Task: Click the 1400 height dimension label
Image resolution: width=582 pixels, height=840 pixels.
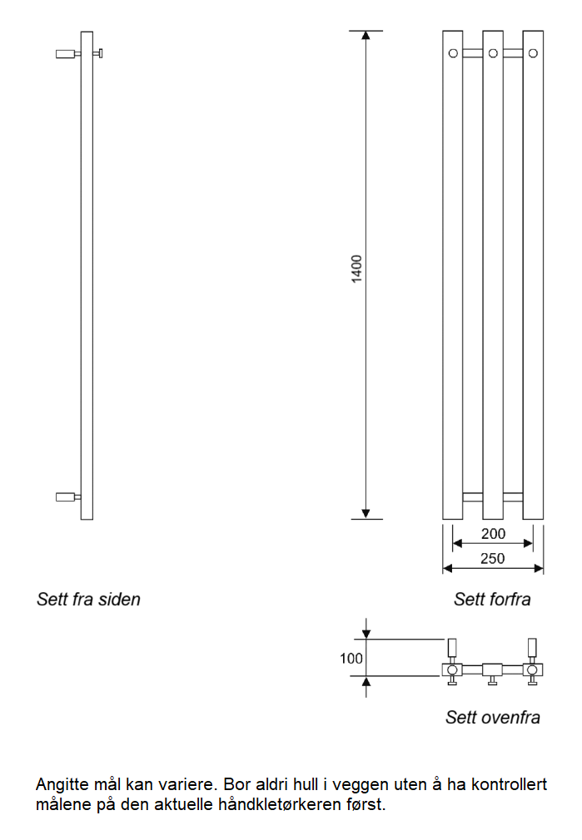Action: coord(356,269)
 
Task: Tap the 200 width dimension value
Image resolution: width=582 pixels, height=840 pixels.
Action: coord(493,534)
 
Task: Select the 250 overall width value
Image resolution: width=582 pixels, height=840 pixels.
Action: coord(492,558)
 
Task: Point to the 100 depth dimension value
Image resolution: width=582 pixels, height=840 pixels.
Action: coord(351,658)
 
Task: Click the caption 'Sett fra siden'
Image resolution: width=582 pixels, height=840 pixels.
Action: coord(88,599)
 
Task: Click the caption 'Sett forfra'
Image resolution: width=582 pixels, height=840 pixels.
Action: coord(492,599)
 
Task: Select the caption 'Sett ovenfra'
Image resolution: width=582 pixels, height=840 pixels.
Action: coord(492,717)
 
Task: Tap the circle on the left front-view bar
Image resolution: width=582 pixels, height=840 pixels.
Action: coord(453,53)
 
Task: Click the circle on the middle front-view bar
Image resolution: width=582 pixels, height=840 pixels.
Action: coord(493,53)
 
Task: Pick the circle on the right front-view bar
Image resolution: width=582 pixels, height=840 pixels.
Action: coord(533,53)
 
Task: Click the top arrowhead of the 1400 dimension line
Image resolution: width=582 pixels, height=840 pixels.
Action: coord(366,36)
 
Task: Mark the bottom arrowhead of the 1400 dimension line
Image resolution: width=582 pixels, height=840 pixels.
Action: coord(366,514)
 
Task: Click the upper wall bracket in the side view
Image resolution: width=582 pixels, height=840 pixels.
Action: coord(68,53)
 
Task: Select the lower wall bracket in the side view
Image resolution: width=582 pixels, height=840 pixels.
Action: coord(68,497)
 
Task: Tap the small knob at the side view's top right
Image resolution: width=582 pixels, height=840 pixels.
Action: coord(97,53)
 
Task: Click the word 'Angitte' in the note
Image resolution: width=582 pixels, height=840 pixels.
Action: coord(62,785)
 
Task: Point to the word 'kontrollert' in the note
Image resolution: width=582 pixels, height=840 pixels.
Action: coord(509,784)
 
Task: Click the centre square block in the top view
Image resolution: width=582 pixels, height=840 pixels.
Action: coord(492,670)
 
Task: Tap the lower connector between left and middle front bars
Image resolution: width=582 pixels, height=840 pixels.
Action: coord(473,497)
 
